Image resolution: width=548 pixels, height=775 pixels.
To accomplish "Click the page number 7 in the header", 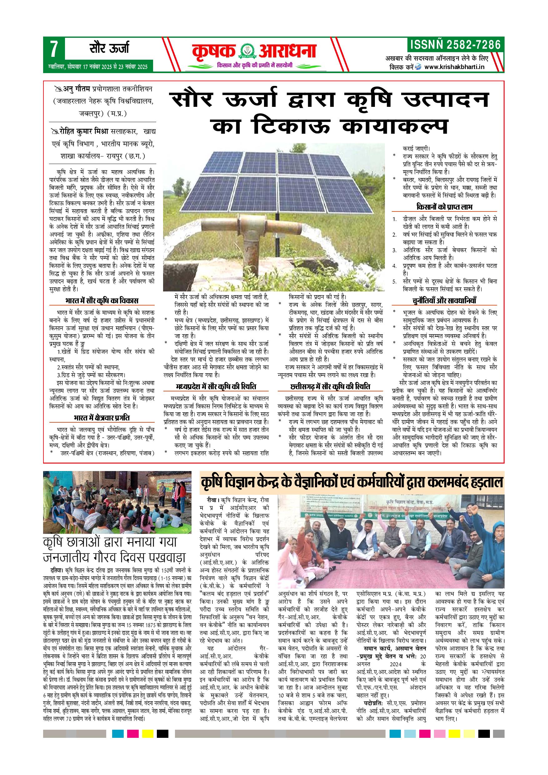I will tap(54, 50).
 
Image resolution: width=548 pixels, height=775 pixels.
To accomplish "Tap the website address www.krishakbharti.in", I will tap(454, 67).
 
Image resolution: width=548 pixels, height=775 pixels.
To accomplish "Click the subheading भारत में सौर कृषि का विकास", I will tap(102, 301).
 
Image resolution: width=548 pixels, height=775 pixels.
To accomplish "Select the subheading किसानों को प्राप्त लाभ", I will tap(444, 206).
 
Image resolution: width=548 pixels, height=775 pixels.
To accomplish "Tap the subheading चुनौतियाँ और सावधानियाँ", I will tap(444, 301).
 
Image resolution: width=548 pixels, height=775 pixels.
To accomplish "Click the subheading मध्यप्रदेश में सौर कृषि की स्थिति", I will tap(216, 386).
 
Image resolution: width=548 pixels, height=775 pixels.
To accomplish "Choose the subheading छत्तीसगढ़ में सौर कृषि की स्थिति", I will tap(330, 386).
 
